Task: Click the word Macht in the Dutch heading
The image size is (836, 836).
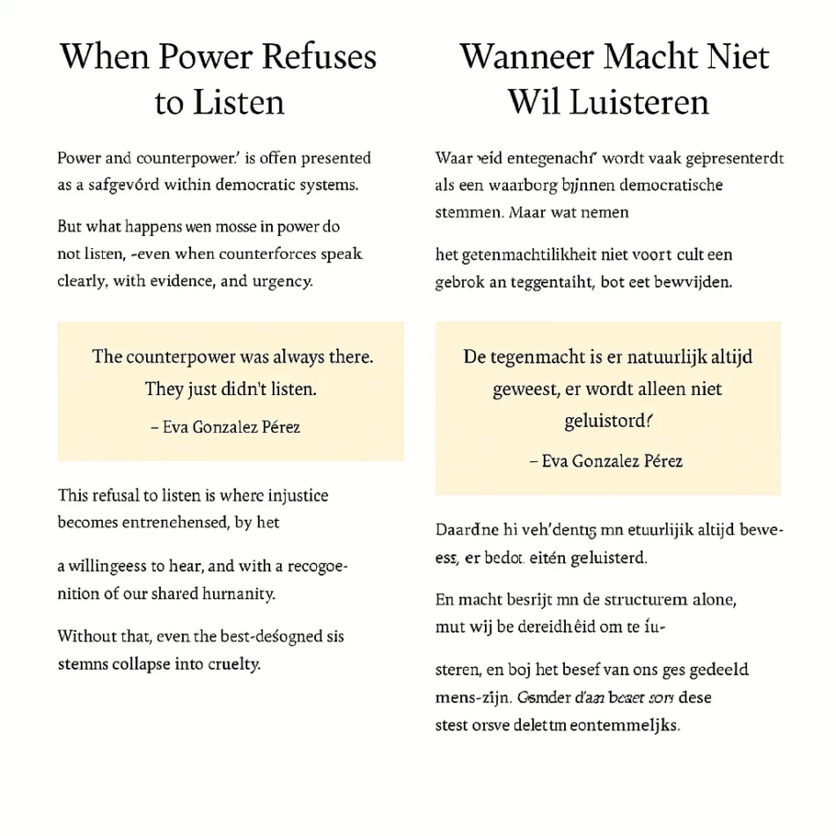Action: tap(654, 57)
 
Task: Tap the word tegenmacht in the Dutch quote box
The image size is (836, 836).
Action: tap(533, 357)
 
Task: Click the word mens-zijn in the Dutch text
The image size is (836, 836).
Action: tap(464, 699)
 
